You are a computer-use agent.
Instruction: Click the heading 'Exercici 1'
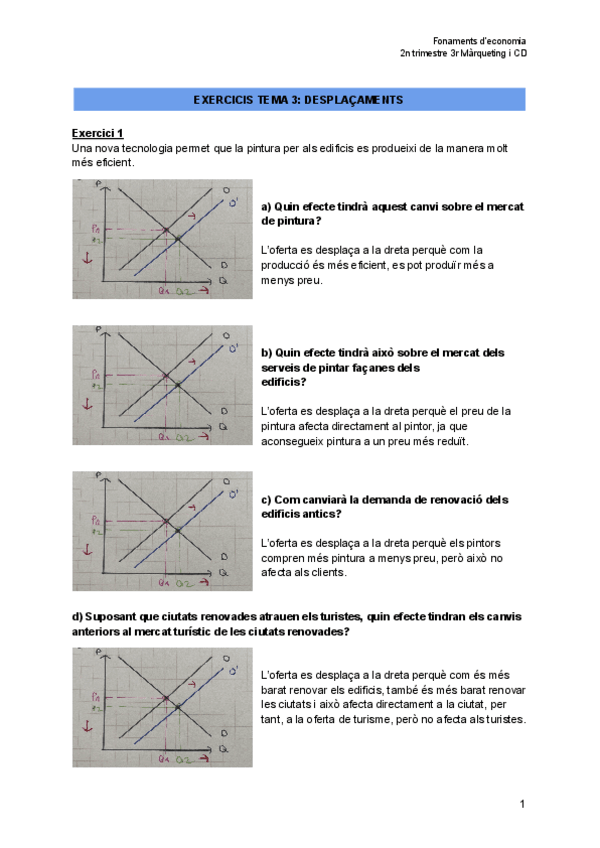pyautogui.click(x=97, y=133)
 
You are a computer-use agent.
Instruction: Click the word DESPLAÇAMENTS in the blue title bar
pyautogui.click(x=353, y=100)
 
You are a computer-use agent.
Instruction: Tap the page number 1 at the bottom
pyautogui.click(x=522, y=805)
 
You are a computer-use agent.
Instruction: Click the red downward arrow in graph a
pyautogui.click(x=88, y=259)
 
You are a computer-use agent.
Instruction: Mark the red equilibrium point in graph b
pyautogui.click(x=165, y=376)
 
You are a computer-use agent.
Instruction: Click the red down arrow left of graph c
pyautogui.click(x=88, y=550)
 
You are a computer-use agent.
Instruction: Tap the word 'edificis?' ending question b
pyautogui.click(x=284, y=382)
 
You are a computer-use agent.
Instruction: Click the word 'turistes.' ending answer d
pyautogui.click(x=504, y=720)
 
